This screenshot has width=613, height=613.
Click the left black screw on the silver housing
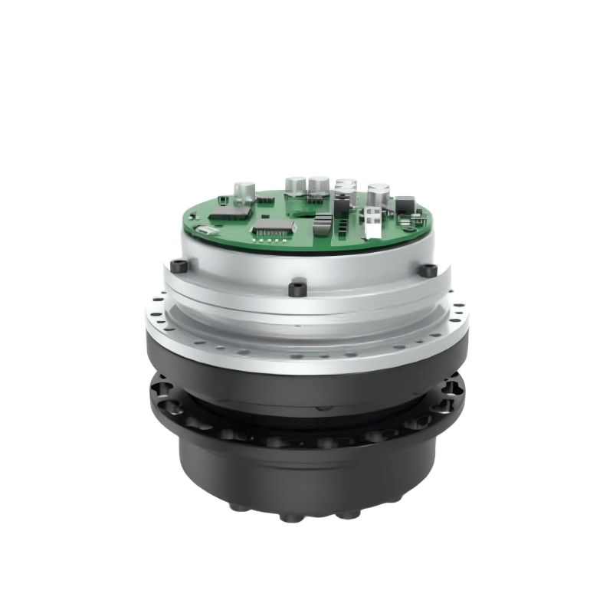pyautogui.click(x=179, y=267)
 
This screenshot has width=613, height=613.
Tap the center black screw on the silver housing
pyautogui.click(x=298, y=289)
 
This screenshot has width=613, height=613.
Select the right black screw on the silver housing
pyautogui.click(x=430, y=270)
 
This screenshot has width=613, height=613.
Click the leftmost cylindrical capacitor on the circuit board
pyautogui.click(x=244, y=191)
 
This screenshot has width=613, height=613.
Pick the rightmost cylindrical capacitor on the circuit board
pyautogui.click(x=378, y=194)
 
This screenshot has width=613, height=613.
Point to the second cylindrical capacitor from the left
pyautogui.click(x=296, y=185)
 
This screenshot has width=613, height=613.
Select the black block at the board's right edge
pyautogui.click(x=404, y=205)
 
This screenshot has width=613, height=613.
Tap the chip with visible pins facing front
pyautogui.click(x=274, y=225)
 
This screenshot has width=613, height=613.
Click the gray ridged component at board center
pyautogui.click(x=323, y=224)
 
